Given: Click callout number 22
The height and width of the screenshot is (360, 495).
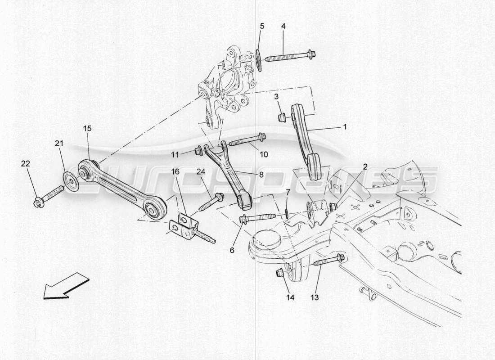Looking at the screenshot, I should pyautogui.click(x=26, y=164).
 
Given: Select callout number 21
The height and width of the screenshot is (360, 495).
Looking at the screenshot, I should pyautogui.click(x=59, y=144).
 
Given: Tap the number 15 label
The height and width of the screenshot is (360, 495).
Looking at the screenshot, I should pyautogui.click(x=87, y=129).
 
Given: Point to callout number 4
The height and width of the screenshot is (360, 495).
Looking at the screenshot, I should pyautogui.click(x=283, y=27).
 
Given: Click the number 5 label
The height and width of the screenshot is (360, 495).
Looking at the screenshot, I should pyautogui.click(x=261, y=27).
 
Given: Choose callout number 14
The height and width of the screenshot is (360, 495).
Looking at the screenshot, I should pyautogui.click(x=289, y=297).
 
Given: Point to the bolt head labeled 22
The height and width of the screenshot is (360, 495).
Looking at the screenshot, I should pyautogui.click(x=39, y=203).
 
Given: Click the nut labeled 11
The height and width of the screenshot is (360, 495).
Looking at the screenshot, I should pyautogui.click(x=198, y=150).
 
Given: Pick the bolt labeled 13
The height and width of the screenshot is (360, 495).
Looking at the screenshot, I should pyautogui.click(x=329, y=260).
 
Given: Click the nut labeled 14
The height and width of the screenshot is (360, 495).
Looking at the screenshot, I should pyautogui.click(x=279, y=272).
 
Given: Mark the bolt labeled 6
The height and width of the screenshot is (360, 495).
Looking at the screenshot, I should pyautogui.click(x=256, y=218).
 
